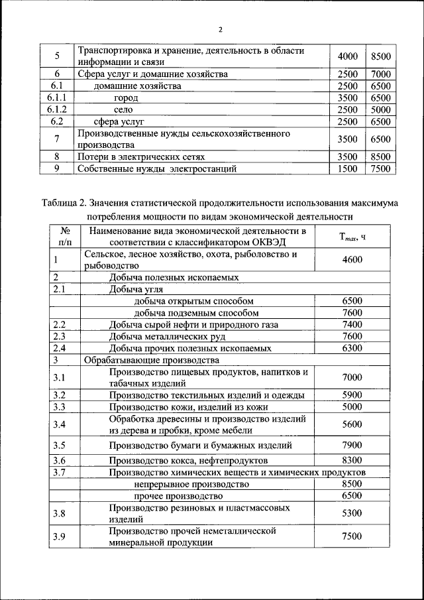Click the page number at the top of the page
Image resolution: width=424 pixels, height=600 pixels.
coord(220,29)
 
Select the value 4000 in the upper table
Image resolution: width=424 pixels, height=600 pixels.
coord(347,57)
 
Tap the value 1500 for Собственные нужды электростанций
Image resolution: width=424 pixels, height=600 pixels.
coord(347,169)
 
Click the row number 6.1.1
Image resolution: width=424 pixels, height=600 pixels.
coord(56,97)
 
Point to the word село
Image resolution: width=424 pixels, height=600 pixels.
coord(124,109)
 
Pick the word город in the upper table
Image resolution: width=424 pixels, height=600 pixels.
coord(126,97)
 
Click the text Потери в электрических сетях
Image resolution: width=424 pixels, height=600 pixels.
coord(140,157)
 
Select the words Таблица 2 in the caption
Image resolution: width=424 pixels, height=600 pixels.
coord(69,202)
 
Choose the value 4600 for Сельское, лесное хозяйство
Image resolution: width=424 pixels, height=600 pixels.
coord(352,259)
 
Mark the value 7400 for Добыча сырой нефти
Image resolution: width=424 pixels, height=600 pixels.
coord(352,324)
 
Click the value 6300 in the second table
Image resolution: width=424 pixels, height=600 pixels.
coord(352,347)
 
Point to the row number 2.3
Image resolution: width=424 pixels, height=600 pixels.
coord(60,336)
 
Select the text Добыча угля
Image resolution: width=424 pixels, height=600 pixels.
coord(136,289)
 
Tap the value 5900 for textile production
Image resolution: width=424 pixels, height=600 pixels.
coord(352,395)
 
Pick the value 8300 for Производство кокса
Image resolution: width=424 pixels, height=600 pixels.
coord(352,460)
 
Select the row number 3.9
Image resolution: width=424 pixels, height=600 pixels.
coord(60,536)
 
